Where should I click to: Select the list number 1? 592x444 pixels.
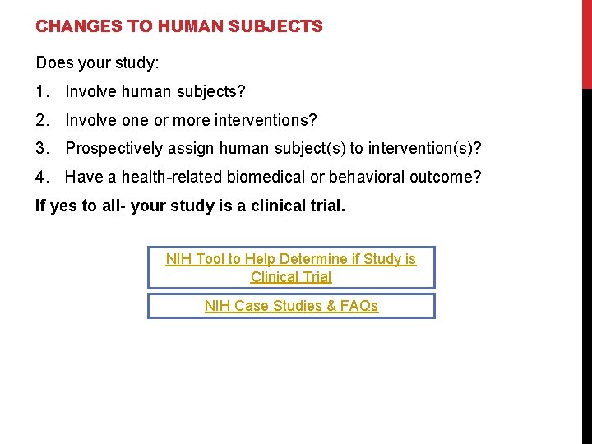coord(41,91)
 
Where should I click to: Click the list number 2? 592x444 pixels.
coord(41,120)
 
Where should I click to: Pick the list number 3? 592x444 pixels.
coord(41,149)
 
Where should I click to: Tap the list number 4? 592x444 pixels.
coord(41,177)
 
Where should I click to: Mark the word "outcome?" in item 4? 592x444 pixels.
coord(449,177)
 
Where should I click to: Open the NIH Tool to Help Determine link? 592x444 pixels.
coord(291,268)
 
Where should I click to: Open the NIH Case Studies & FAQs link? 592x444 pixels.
coord(291,306)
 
